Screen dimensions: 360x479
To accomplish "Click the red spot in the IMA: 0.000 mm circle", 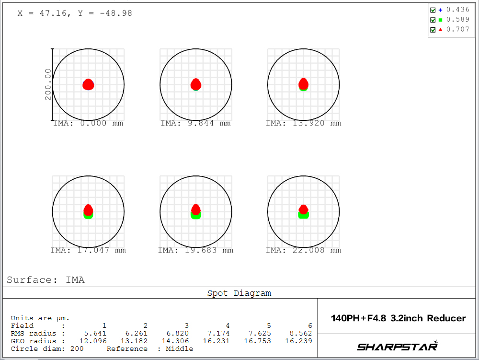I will (88, 85).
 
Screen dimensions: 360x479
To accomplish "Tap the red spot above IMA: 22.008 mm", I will (303, 209).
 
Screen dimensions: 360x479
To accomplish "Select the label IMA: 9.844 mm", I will (195, 123).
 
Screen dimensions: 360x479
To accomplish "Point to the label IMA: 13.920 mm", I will (303, 123).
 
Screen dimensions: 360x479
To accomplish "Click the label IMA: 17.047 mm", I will (88, 250).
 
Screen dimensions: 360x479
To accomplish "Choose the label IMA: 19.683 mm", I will (195, 250).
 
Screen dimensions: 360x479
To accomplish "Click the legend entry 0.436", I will (458, 10).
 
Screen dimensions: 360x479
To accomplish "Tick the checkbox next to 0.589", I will (433, 20).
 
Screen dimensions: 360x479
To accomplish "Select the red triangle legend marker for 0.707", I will (440, 30).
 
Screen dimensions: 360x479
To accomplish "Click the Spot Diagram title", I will (239, 293).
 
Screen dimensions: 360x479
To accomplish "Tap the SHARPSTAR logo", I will (398, 346).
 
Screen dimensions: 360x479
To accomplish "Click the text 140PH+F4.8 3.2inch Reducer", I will (398, 318).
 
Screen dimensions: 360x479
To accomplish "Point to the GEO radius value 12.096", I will (94, 341).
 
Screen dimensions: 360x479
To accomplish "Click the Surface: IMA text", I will (46, 280).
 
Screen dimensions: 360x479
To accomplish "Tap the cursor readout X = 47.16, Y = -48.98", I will (75, 13).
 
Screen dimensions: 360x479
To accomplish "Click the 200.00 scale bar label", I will (48, 84).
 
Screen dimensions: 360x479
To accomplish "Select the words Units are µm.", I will (40, 318).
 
